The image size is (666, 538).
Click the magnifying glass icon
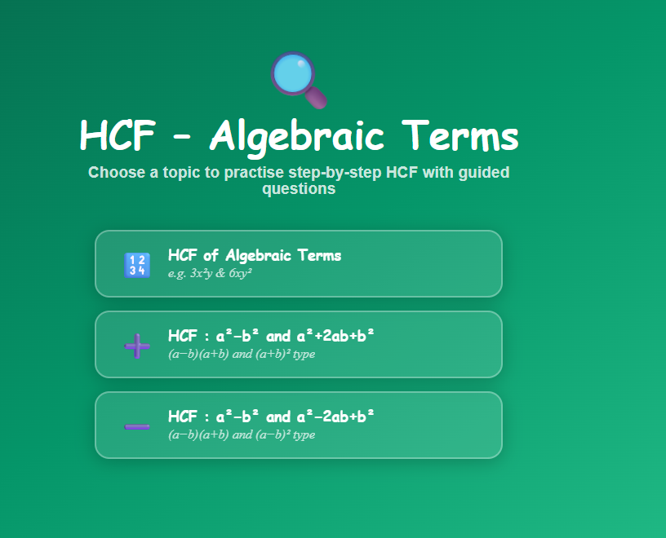(296, 77)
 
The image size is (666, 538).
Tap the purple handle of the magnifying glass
(316, 97)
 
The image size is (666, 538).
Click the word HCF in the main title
(117, 136)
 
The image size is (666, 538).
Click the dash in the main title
(182, 139)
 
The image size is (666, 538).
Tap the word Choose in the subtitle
(113, 173)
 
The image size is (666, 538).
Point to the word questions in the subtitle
(299, 189)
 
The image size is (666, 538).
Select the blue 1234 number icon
(136, 265)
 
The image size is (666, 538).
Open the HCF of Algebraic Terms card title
(255, 255)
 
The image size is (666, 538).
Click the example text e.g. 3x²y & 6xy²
(210, 274)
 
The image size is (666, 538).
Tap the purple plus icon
(136, 346)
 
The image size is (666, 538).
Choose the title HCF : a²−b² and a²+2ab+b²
(271, 336)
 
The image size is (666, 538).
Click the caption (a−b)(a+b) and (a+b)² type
(242, 355)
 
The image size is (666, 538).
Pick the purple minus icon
(136, 426)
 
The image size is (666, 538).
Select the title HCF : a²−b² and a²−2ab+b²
(271, 416)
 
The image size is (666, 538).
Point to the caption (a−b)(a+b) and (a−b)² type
(242, 435)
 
